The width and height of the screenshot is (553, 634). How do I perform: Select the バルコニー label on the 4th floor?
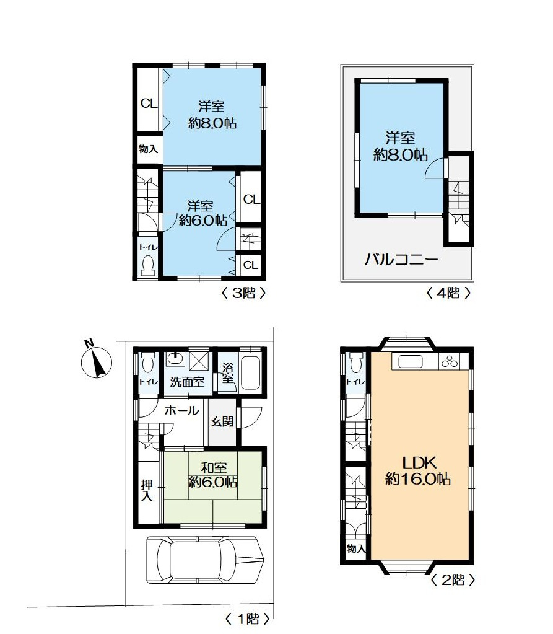pyautogui.click(x=401, y=259)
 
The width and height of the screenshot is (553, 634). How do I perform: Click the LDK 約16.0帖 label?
pyautogui.click(x=418, y=470)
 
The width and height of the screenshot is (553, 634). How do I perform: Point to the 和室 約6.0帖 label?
pyautogui.click(x=213, y=475)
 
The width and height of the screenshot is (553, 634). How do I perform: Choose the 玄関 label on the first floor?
pyautogui.click(x=222, y=421)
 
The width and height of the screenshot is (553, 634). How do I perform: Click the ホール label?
pyautogui.click(x=182, y=410)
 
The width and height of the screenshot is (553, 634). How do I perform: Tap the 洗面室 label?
pyautogui.click(x=187, y=382)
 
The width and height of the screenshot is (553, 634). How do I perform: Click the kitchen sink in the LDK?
pyautogui.click(x=411, y=361)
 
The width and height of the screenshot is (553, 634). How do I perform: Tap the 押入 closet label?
pyautogui.click(x=147, y=490)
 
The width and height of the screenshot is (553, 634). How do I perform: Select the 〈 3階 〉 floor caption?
pyautogui.click(x=243, y=293)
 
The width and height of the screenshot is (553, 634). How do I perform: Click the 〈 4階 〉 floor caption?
pyautogui.click(x=448, y=293)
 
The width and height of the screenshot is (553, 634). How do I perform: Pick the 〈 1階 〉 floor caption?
pyautogui.click(x=247, y=619)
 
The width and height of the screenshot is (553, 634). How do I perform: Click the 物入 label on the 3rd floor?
pyautogui.click(x=148, y=149)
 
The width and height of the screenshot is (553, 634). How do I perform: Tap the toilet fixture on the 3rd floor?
pyautogui.click(x=147, y=265)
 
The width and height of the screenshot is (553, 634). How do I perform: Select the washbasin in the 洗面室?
pyautogui.click(x=175, y=359)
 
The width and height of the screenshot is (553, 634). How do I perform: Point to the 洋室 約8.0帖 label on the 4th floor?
pyautogui.click(x=400, y=146)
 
